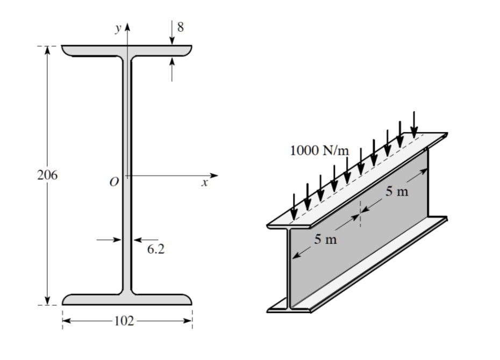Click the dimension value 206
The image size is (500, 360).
[x=48, y=175]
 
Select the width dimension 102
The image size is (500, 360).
[x=124, y=321]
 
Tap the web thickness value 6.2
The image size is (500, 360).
[x=155, y=249]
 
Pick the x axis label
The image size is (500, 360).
[x=204, y=183]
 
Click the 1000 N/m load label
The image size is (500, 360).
[x=319, y=150]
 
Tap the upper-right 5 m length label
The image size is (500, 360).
[x=396, y=192]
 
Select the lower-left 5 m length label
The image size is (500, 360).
[x=326, y=240]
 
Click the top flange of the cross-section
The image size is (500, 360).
[x=127, y=51]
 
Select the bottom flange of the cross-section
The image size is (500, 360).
[x=127, y=299]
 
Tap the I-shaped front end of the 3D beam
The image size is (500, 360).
[x=290, y=269]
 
